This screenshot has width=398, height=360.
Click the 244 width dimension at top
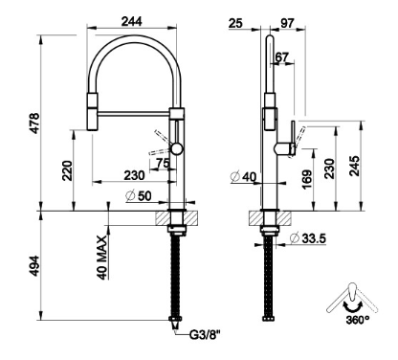tap(132, 21)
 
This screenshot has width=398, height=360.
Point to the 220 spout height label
tap(67, 170)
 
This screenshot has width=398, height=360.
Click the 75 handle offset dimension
tap(163, 164)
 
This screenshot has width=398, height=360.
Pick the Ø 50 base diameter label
tap(139, 195)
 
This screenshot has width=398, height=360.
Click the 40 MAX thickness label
tap(102, 258)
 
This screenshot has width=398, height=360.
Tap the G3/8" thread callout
tap(205, 335)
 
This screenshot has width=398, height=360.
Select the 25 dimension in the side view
tap(235, 23)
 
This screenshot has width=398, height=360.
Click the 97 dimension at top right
tap(287, 23)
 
